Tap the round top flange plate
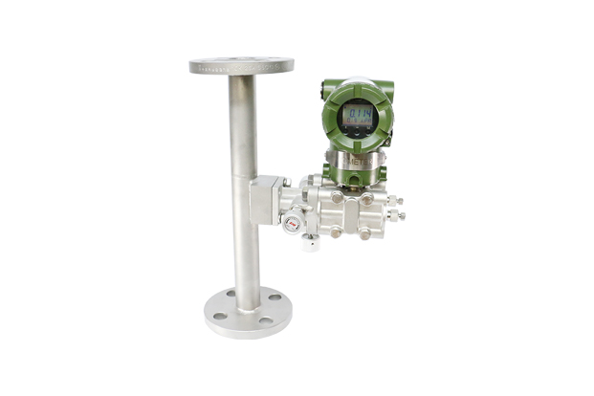point(241,66)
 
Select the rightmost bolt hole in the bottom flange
point(275,297)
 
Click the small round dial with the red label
point(293,224)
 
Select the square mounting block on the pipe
point(264,199)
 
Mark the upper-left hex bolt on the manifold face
point(337,198)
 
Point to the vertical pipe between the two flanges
point(243,143)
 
